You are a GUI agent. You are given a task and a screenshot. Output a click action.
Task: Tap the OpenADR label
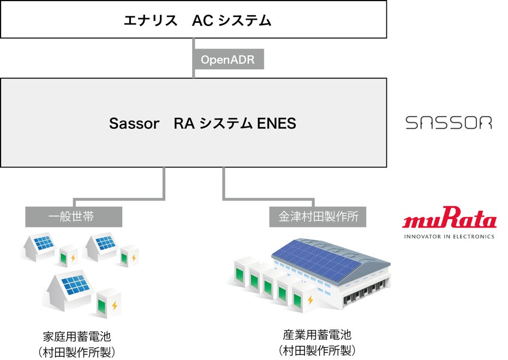pos(228,59)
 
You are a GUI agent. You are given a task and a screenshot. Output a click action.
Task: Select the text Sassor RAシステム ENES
pos(202,123)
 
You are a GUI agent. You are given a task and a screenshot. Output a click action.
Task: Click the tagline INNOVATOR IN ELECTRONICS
pos(449,236)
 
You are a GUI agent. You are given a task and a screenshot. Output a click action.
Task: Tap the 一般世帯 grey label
pos(73,217)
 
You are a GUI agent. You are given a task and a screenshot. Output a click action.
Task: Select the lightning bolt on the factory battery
pos(310,299)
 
